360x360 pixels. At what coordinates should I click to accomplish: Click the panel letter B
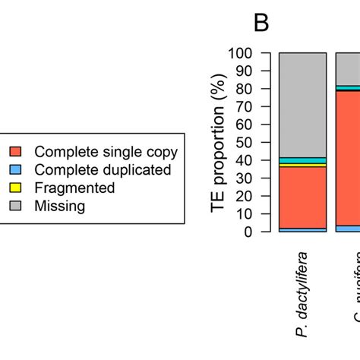261,23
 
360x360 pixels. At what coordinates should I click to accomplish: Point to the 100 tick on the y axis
245,54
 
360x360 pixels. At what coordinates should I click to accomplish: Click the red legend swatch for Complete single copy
16,152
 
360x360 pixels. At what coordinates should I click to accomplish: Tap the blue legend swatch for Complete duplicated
16,170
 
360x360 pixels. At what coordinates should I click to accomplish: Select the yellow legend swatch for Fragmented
16,188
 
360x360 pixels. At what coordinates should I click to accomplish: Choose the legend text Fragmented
75,188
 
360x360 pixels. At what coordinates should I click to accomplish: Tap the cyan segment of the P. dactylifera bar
302,160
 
